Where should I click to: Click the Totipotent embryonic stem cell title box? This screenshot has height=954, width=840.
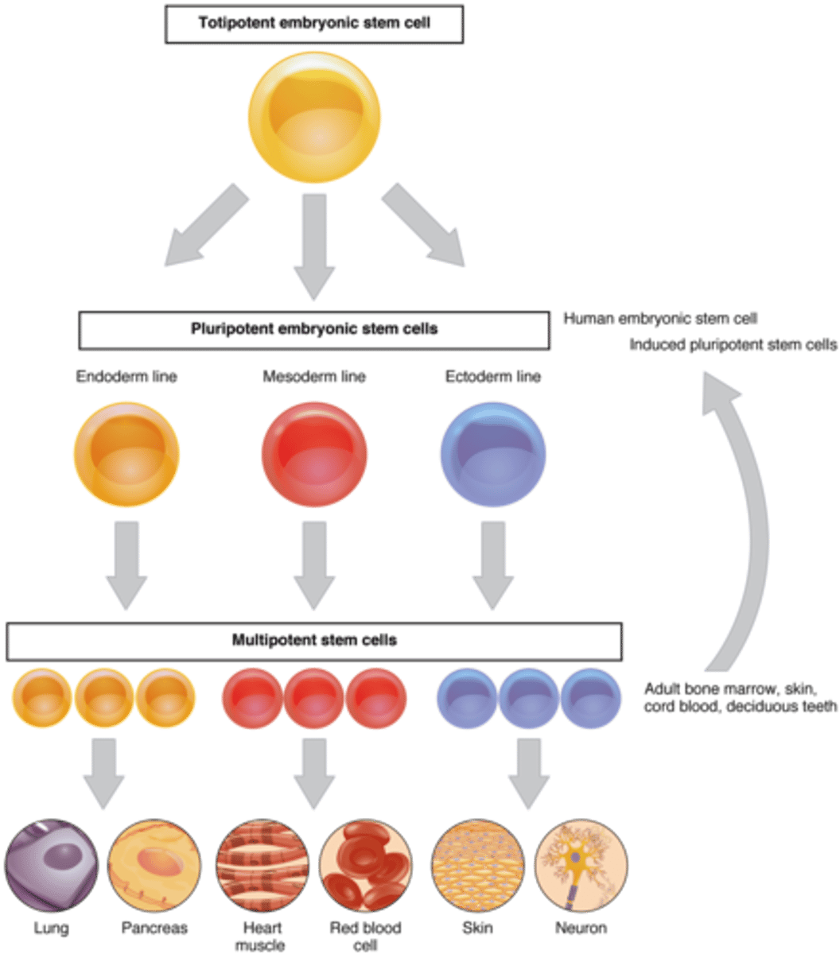point(314,23)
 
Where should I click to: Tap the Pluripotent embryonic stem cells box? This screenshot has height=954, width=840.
point(314,329)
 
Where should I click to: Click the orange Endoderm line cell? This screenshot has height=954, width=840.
point(126,453)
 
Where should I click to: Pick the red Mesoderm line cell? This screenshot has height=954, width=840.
point(314,453)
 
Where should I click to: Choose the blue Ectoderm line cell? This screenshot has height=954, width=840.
point(493,453)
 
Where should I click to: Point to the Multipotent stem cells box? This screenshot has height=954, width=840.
point(314,641)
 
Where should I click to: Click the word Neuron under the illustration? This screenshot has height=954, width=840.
point(580,928)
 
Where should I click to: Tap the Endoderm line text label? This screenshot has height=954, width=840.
point(126,377)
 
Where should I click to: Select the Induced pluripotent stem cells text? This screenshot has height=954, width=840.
point(733,346)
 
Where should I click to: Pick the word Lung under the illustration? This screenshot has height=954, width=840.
point(52,928)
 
